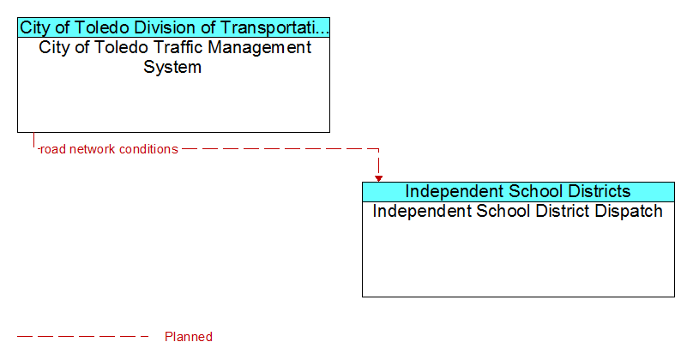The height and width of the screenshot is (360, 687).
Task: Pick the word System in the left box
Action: coord(172,68)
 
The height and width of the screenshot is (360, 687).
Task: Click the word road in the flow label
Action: coord(52,149)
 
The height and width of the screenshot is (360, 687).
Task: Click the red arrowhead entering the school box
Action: coord(378,178)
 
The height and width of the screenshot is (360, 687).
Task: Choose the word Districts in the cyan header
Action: coord(600,191)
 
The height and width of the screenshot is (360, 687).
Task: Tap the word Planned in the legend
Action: coord(189,337)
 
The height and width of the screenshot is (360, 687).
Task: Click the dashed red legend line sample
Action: coord(83,337)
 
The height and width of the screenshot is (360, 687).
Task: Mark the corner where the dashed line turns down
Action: coord(378,149)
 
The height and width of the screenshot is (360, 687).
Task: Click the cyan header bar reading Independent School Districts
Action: coord(518,192)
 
